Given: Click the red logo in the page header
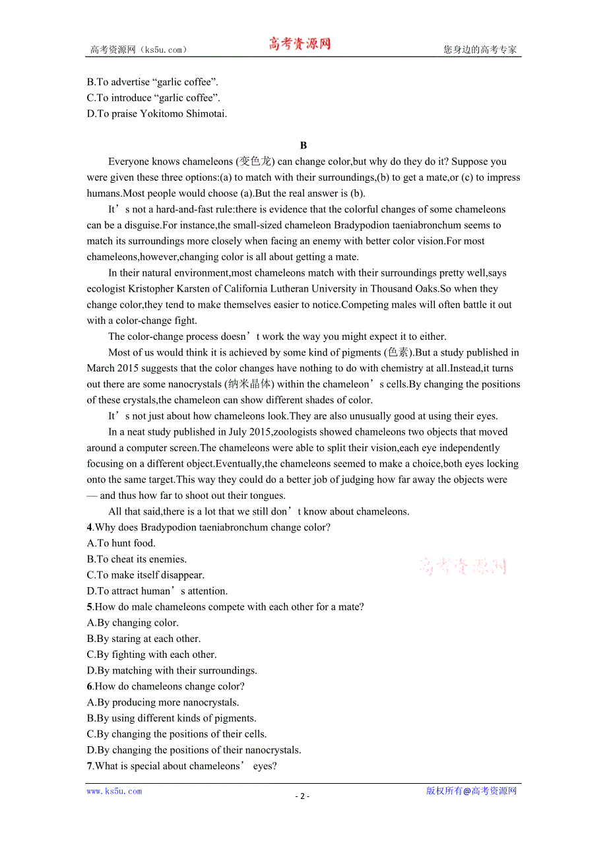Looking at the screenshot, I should click(x=300, y=44).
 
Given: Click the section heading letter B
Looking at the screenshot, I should click(x=303, y=145).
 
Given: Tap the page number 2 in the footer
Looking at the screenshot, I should click(x=302, y=796).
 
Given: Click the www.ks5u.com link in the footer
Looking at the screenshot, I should click(x=114, y=791).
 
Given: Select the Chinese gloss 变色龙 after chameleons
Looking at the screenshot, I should click(x=254, y=162).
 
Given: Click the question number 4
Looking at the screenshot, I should click(x=90, y=527).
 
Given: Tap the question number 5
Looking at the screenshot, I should click(x=90, y=607).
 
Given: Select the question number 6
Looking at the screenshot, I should click(x=90, y=686).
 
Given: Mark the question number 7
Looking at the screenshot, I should click(x=90, y=766).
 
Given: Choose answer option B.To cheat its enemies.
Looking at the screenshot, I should click(x=137, y=559).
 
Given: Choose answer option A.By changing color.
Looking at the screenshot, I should click(x=133, y=623).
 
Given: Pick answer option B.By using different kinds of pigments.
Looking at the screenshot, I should click(x=172, y=718).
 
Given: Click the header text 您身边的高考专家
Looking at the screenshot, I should click(x=480, y=49).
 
